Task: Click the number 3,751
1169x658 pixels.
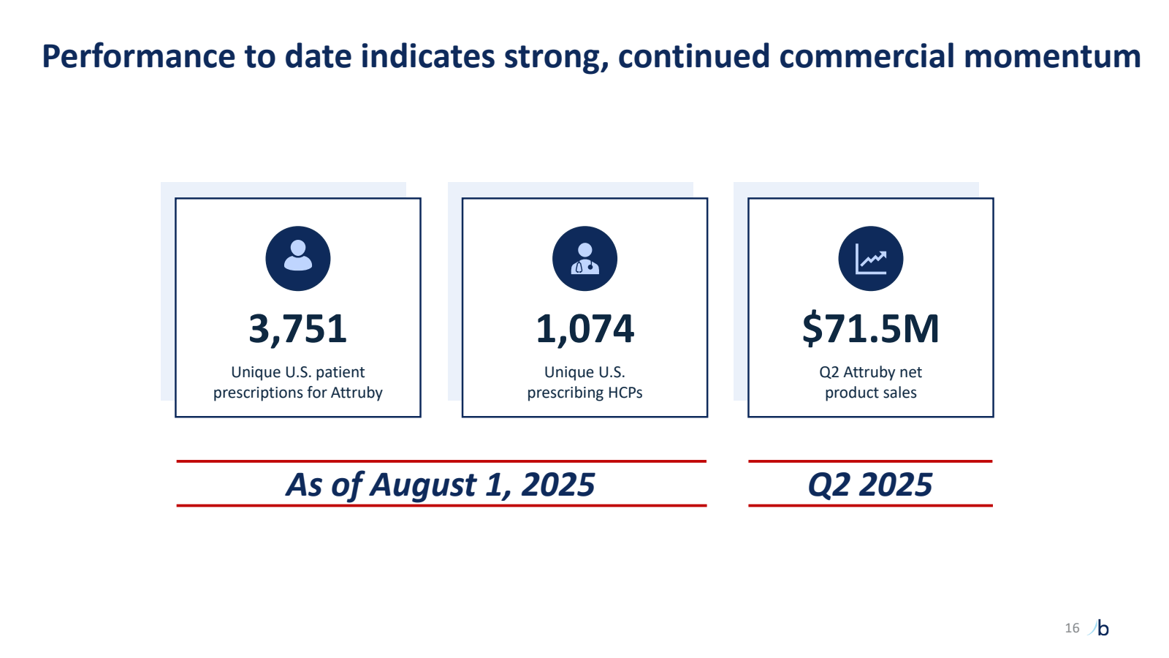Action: [x=297, y=329]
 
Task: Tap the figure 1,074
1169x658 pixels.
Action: [x=584, y=329]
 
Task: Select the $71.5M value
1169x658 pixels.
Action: [x=870, y=329]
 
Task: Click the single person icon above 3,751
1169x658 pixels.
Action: [x=298, y=258]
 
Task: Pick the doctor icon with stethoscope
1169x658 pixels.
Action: [x=584, y=258]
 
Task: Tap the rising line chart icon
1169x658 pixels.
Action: [x=871, y=258]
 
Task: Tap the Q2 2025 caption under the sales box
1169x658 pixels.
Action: [x=870, y=485]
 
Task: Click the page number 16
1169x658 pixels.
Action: [x=1072, y=628]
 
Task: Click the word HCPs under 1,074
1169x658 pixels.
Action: [x=625, y=393]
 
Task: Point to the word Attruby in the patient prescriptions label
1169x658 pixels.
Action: [x=357, y=393]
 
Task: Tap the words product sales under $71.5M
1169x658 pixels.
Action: [x=870, y=393]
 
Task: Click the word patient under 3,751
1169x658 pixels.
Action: [x=340, y=372]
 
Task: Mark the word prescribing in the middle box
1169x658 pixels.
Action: [x=566, y=393]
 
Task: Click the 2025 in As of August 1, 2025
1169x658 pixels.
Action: [x=558, y=485]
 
